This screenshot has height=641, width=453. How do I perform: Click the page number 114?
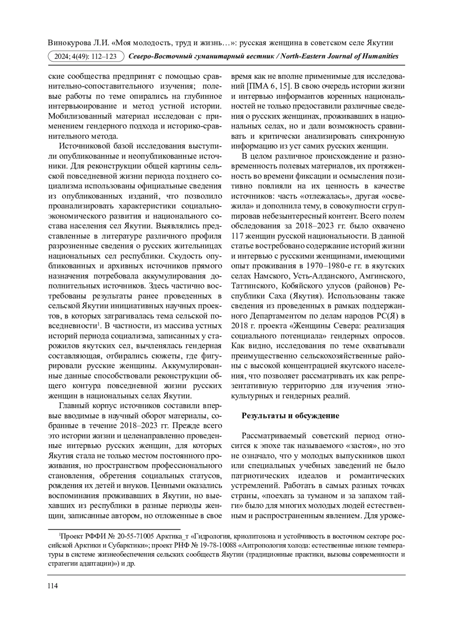pos(52,586)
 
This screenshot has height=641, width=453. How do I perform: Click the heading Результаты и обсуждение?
pos(290,416)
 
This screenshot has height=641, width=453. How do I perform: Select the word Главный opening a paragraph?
pos(73,405)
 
